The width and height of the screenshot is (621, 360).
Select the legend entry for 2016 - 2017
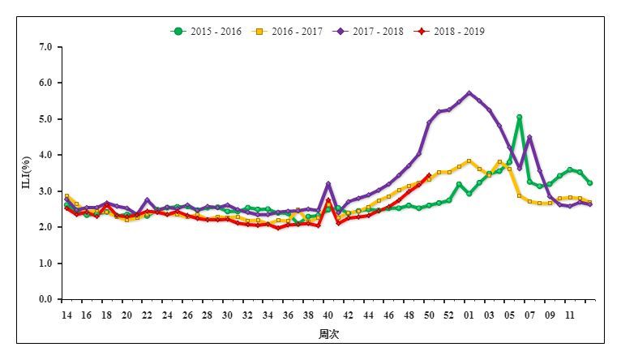[289, 32]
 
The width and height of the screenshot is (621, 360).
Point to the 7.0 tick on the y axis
[45, 47]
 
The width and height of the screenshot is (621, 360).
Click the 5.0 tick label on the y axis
[45, 119]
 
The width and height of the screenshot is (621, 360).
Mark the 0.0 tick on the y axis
[45, 300]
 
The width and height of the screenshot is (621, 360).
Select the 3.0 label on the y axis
[45, 191]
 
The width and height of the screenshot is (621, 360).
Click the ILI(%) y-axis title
[24, 174]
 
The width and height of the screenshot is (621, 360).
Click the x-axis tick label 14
[66, 315]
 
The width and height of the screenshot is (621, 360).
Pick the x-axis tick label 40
[328, 315]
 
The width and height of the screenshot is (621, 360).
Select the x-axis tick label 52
[449, 315]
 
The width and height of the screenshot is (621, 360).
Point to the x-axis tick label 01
[469, 315]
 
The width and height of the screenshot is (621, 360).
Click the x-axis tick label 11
[570, 315]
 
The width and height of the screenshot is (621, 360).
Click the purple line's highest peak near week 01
[469, 93]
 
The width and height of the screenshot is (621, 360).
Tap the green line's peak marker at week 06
[519, 118]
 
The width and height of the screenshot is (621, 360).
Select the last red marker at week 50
[429, 176]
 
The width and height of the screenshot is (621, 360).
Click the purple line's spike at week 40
[328, 184]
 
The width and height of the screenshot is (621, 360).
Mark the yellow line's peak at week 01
[469, 161]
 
